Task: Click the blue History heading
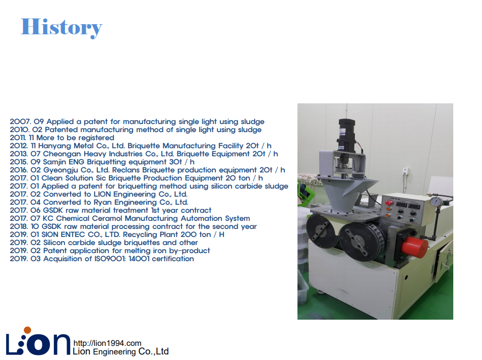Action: pos(62,28)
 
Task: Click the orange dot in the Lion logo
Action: pos(27,330)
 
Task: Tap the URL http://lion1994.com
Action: pos(107,343)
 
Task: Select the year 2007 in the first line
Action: pos(20,122)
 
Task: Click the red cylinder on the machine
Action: pos(414,248)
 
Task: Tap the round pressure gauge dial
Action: pos(436,202)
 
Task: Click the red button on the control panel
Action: pos(389,203)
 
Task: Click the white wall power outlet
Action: pos(406,171)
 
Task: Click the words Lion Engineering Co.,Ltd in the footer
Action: pos(120,351)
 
